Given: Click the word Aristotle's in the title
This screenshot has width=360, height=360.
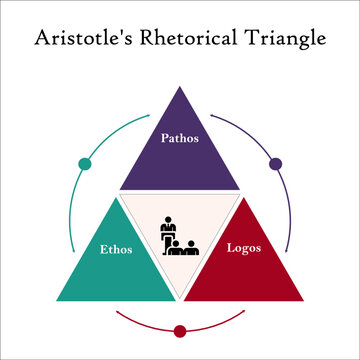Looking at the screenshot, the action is (82, 39).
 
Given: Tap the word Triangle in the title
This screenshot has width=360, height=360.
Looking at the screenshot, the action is (284, 39).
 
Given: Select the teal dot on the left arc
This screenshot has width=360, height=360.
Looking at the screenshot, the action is (85, 164).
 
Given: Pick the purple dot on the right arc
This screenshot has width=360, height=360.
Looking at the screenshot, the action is (276, 164).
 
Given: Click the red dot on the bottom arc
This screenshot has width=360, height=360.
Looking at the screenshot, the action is (180, 331).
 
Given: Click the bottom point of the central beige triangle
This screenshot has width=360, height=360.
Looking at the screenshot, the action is (180, 298).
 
